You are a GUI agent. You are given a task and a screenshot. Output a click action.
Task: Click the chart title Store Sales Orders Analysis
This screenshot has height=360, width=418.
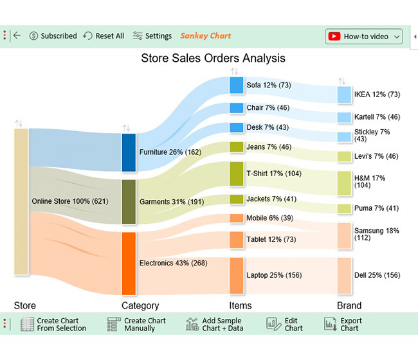213,59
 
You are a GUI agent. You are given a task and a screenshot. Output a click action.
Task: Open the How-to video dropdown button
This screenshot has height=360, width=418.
364,37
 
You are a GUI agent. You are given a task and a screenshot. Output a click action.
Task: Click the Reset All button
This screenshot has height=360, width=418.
104,36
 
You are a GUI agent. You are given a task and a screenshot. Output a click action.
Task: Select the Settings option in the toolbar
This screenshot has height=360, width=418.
152,36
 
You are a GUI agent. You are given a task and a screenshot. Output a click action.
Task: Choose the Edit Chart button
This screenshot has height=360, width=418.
285,324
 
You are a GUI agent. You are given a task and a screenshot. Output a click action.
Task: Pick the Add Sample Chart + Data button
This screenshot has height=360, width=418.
214,324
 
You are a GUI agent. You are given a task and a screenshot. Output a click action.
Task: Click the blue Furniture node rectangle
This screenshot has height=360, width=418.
129,152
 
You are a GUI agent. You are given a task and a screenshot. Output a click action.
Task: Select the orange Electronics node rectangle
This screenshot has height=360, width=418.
129,263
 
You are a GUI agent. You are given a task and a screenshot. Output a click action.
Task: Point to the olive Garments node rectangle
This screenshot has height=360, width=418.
129,201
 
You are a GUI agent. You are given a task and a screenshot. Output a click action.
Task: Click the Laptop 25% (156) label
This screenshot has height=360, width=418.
274,275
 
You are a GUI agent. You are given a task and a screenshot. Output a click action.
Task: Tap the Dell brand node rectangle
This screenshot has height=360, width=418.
344,275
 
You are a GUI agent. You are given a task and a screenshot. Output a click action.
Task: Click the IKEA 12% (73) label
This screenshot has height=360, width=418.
377,94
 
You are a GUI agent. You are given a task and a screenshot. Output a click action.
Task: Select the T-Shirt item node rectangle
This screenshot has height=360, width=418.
236,174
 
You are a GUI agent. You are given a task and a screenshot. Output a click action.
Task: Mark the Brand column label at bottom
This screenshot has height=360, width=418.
349,305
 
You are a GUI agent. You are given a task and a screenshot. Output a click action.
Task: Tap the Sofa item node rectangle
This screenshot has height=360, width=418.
236,85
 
